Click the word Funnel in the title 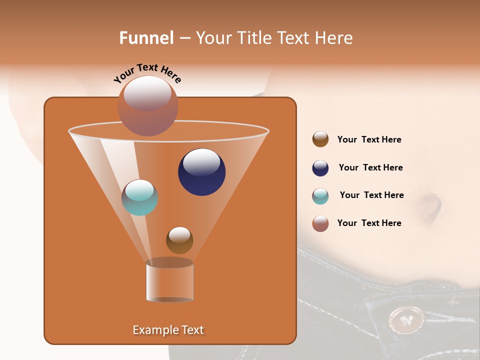tap(146, 38)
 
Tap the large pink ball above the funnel tap(147, 105)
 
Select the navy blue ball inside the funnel tap(201, 172)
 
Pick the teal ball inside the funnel tap(139, 197)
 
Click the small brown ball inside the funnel tap(179, 240)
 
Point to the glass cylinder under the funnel tap(169, 281)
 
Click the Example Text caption tap(168, 330)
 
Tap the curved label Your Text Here tap(147, 73)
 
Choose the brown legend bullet tap(320, 139)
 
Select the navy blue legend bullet tap(320, 168)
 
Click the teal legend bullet tap(320, 195)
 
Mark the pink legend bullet tap(320, 223)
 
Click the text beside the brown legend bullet tap(369, 140)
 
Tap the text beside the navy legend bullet tap(370, 168)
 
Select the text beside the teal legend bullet tap(371, 195)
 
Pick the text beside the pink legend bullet tap(369, 223)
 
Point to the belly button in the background tap(431, 205)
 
